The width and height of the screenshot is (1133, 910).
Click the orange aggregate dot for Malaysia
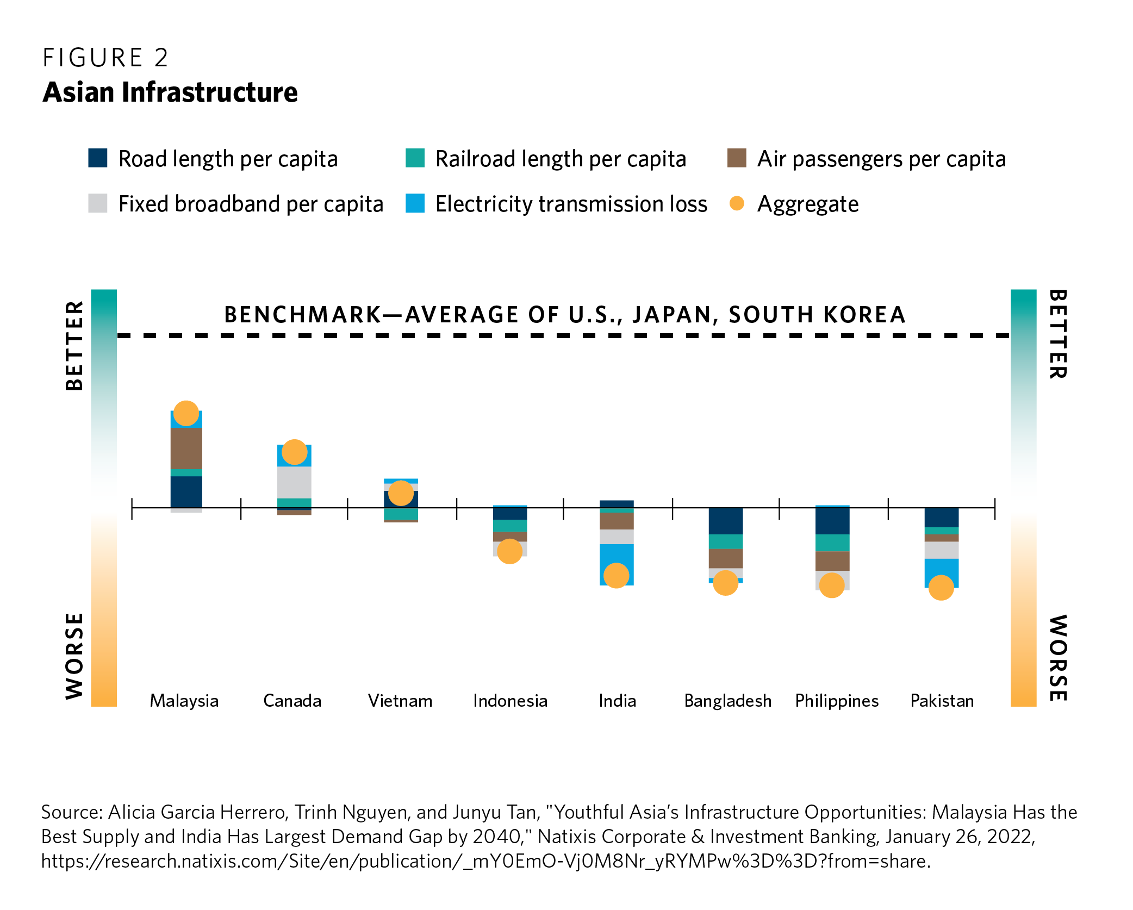[186, 413]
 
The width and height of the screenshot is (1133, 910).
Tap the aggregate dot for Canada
[294, 452]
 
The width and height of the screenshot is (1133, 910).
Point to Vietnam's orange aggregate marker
[401, 493]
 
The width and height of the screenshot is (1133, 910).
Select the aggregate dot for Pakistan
[941, 588]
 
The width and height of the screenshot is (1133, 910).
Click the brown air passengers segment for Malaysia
[186, 448]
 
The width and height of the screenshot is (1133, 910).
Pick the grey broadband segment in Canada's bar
[294, 482]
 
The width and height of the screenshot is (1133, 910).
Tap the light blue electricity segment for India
[617, 564]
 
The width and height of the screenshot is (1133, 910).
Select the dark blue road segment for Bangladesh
[725, 521]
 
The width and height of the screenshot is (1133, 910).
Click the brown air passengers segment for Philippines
[832, 561]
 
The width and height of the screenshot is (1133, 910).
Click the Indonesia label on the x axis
[510, 701]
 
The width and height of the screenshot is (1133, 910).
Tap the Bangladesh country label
[728, 701]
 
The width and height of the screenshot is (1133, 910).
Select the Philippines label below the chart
[837, 701]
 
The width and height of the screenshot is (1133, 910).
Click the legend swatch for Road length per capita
[98, 158]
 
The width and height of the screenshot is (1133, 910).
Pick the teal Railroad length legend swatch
[415, 158]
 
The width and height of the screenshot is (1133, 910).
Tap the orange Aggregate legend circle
[737, 203]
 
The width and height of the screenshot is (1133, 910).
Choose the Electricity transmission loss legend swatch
[415, 203]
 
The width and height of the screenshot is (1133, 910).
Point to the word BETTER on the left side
[74, 346]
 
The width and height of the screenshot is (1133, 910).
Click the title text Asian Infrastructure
[170, 92]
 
